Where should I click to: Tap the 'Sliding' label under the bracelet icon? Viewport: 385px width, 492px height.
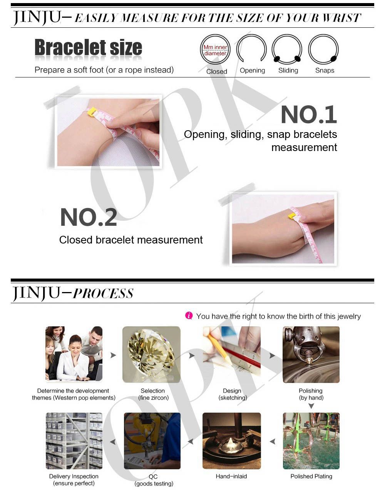click(x=288, y=71)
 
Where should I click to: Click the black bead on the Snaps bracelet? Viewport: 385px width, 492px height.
click(x=333, y=59)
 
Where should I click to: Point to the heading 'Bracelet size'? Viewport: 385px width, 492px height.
click(x=88, y=47)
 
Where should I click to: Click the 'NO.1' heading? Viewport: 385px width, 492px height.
click(x=309, y=114)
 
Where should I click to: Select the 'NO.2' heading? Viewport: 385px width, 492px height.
click(x=89, y=217)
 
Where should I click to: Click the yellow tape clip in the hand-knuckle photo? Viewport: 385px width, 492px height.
click(x=292, y=215)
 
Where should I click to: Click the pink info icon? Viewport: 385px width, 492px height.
click(x=189, y=316)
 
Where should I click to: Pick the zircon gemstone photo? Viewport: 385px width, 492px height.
click(x=151, y=354)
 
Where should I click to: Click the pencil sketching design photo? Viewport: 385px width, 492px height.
click(x=232, y=354)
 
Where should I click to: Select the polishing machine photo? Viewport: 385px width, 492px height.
click(x=311, y=354)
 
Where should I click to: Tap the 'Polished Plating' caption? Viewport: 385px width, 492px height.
click(x=311, y=476)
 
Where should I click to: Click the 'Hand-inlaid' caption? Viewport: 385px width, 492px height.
click(x=231, y=476)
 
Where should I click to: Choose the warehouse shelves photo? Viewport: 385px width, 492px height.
click(x=74, y=441)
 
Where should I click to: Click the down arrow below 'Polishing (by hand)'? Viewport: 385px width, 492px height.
click(x=311, y=406)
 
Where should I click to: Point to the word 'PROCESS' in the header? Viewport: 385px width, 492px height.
click(x=103, y=294)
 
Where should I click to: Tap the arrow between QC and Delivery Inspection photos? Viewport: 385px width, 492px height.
click(x=113, y=442)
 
